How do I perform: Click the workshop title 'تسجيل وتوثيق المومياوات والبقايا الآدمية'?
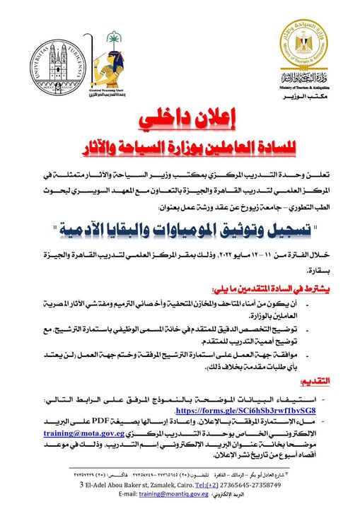pos(180,230)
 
